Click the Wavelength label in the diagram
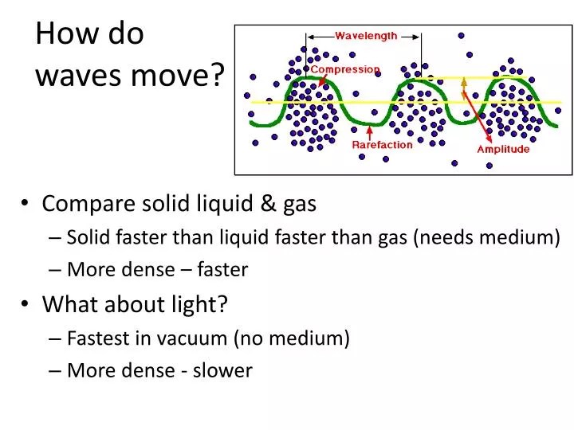point(366,36)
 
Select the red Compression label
point(345,69)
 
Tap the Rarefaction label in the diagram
point(382,145)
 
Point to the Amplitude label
point(503,149)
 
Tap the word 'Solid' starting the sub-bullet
point(89,237)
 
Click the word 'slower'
point(226,370)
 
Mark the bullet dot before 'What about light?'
point(26,304)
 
